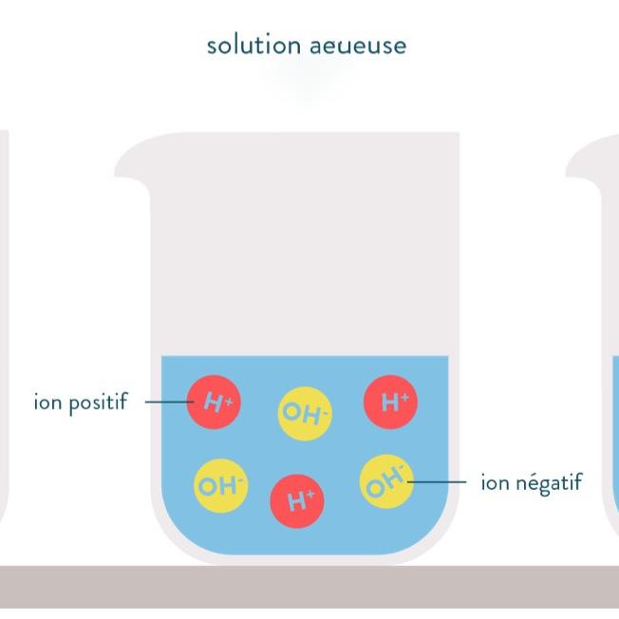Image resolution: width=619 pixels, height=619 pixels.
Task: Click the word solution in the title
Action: (x=248, y=45)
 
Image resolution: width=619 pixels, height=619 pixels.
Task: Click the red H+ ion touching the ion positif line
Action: (x=215, y=402)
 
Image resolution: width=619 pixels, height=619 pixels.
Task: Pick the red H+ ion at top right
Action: (x=391, y=402)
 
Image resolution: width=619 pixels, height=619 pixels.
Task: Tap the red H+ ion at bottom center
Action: (x=298, y=499)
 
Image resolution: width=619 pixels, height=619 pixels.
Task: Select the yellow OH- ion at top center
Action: (x=305, y=413)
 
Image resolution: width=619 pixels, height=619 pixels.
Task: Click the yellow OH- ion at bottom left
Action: (x=220, y=486)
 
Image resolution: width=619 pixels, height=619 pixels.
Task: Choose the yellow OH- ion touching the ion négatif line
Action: (x=386, y=481)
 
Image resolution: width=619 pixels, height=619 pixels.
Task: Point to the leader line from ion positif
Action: (x=166, y=402)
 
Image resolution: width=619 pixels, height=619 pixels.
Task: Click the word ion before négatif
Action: (x=495, y=482)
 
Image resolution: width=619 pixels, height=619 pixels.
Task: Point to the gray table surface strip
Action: (x=309, y=587)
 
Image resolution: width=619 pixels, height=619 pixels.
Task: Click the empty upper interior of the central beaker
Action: (x=304, y=247)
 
